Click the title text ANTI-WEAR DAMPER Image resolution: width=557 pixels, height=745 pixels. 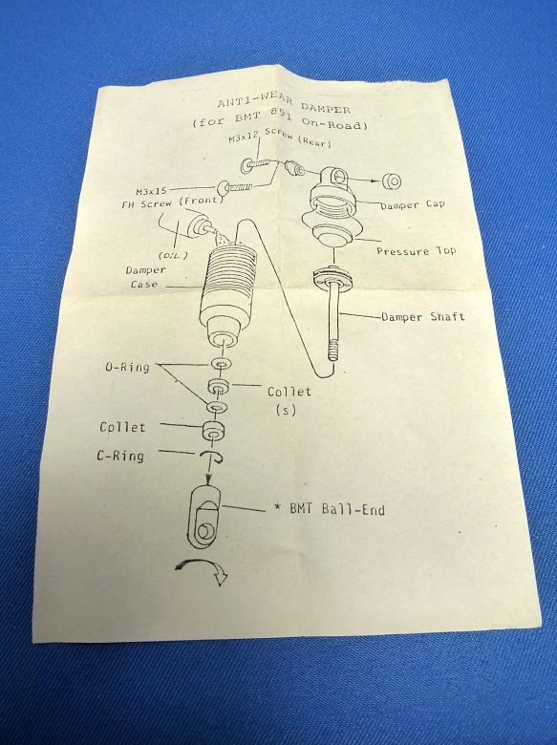283,104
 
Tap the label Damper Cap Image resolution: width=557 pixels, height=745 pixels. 412,204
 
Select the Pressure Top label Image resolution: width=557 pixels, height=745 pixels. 416,251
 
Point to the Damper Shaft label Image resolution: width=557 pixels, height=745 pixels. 423,316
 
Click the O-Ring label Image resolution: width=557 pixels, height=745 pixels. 127,367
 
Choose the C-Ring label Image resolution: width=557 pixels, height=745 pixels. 120,456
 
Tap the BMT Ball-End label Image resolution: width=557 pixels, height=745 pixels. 331,509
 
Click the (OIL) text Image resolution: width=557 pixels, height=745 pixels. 173,255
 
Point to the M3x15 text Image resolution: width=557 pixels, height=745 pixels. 151,191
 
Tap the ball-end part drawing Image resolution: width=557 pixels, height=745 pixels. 204,516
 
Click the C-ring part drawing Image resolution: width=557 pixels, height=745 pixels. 211,457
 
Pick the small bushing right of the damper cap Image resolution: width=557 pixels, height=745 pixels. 392,181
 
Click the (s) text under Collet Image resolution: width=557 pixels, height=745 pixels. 286,410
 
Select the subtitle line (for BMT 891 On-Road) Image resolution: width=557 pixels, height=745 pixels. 280,121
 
